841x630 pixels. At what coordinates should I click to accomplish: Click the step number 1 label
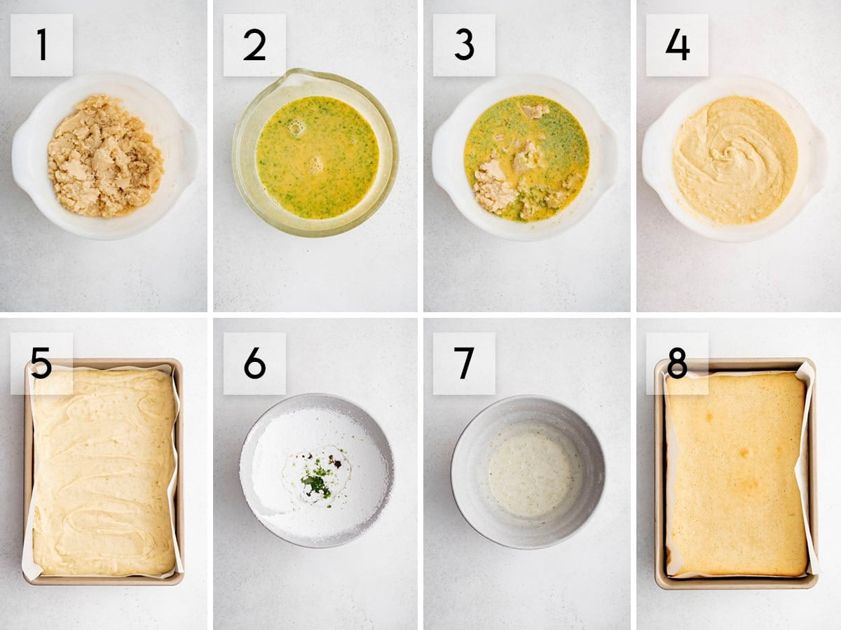pyautogui.click(x=42, y=45)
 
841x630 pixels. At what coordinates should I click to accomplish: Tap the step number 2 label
pyautogui.click(x=254, y=45)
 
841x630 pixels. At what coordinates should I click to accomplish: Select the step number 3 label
pyautogui.click(x=464, y=45)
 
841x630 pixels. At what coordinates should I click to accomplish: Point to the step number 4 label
pyautogui.click(x=678, y=45)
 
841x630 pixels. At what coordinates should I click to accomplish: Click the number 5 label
pyautogui.click(x=41, y=363)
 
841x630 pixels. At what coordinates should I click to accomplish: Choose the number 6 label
pyautogui.click(x=254, y=363)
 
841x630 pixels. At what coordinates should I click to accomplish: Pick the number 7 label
pyautogui.click(x=464, y=363)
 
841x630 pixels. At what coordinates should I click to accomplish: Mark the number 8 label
pyautogui.click(x=678, y=363)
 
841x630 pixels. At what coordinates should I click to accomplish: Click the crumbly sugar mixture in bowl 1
pyautogui.click(x=105, y=156)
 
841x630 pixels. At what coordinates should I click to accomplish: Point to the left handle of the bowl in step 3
pyautogui.click(x=442, y=153)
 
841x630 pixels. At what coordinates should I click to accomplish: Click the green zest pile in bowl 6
pyautogui.click(x=315, y=483)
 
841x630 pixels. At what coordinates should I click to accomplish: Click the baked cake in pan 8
pyautogui.click(x=737, y=475)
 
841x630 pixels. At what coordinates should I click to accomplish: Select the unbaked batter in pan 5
pyautogui.click(x=104, y=472)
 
